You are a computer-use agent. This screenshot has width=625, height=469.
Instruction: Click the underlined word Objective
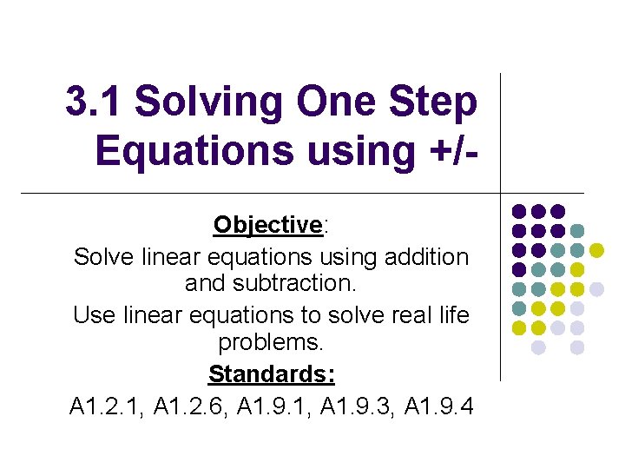(267, 226)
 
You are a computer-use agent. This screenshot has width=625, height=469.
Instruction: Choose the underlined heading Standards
(271, 374)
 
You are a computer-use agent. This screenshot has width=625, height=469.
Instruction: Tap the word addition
(418, 257)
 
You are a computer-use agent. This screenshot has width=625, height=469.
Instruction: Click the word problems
(271, 343)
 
